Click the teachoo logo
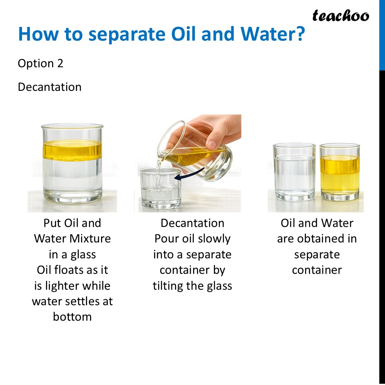(341, 16)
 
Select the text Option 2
(41, 64)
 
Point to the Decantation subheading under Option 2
(50, 87)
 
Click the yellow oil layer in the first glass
(72, 150)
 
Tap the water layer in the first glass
(72, 179)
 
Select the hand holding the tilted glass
(212, 130)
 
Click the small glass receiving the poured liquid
(160, 189)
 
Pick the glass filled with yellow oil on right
(339, 173)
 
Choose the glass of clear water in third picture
(294, 173)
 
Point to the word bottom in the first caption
(72, 317)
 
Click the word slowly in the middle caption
(214, 239)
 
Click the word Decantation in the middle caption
(192, 223)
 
